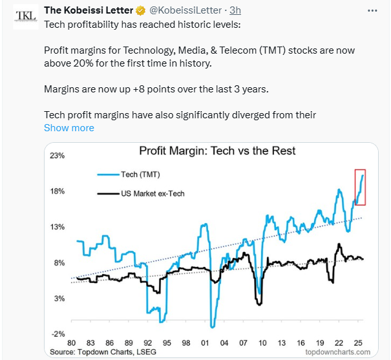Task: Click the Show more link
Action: click(x=69, y=128)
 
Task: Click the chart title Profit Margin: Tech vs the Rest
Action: click(x=217, y=151)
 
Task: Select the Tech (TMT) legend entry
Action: click(x=140, y=175)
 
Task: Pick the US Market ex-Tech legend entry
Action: click(x=152, y=193)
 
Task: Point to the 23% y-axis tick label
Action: click(x=56, y=156)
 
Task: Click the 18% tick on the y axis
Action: click(x=56, y=191)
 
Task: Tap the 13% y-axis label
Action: click(x=56, y=227)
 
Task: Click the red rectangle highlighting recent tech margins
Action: click(x=360, y=187)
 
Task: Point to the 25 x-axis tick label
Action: click(x=357, y=342)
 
